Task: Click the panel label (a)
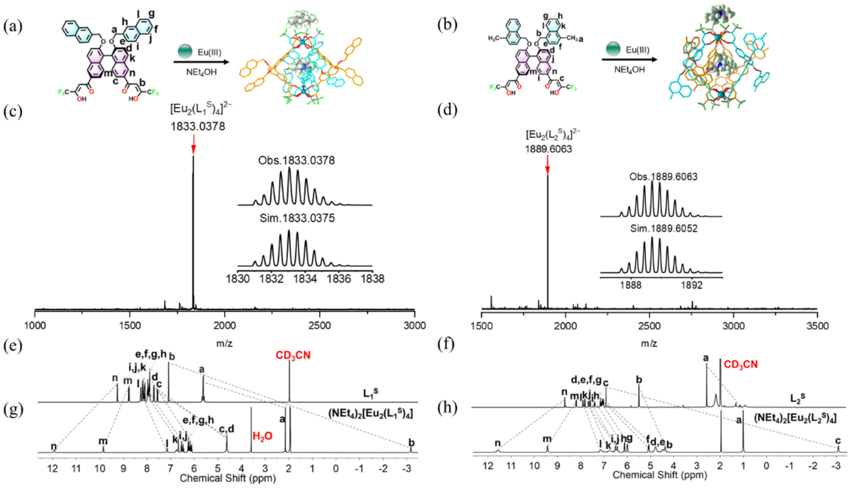(12, 26)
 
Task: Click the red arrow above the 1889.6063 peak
(547, 165)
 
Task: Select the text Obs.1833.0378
(296, 161)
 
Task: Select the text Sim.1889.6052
(663, 229)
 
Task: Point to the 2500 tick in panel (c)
(319, 325)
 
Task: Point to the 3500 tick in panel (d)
(817, 325)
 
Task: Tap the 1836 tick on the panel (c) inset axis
(339, 279)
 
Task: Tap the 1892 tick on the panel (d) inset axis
(692, 285)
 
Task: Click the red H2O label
(262, 436)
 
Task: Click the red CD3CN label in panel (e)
(293, 356)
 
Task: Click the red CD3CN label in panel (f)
(740, 365)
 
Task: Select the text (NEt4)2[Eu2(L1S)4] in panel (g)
(370, 413)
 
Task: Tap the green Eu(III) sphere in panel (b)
(613, 49)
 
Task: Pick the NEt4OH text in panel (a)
(201, 72)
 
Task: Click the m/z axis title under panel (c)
(224, 343)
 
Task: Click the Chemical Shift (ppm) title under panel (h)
(660, 475)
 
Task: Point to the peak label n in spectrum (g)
(53, 446)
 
